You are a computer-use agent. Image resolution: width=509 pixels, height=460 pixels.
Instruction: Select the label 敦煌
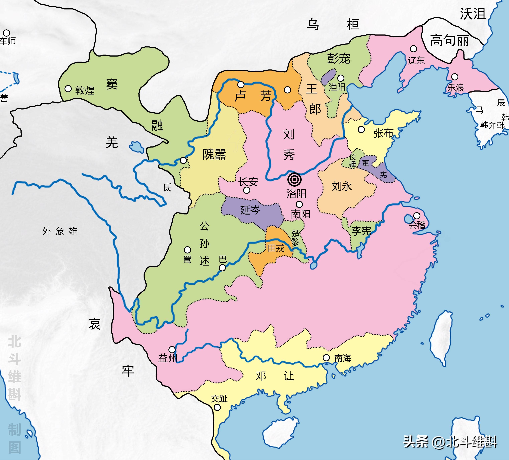(x=85, y=90)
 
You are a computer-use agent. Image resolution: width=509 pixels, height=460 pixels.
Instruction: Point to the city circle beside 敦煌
(x=68, y=89)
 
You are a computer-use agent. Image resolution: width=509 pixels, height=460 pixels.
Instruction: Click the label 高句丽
(x=449, y=40)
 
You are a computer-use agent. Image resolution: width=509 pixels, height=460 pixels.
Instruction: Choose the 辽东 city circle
(x=413, y=48)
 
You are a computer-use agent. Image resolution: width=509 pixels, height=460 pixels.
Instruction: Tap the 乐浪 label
(x=456, y=88)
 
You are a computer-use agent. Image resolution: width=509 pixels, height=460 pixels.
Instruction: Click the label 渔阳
(x=337, y=87)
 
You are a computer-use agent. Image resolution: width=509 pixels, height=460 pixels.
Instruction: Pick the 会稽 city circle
(x=417, y=216)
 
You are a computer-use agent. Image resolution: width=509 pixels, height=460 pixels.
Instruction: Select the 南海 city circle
(x=326, y=358)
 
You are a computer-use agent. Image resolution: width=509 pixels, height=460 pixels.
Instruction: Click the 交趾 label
(x=219, y=399)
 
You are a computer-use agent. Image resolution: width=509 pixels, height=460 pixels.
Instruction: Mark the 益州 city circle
(x=172, y=350)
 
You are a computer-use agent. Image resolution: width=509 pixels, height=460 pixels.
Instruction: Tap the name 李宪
(x=361, y=231)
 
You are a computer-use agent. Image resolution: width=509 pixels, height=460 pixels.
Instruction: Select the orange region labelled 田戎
(x=276, y=248)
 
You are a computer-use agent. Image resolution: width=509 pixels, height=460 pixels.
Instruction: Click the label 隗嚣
(x=214, y=154)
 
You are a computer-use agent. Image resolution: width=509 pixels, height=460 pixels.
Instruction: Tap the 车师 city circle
(x=6, y=33)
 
